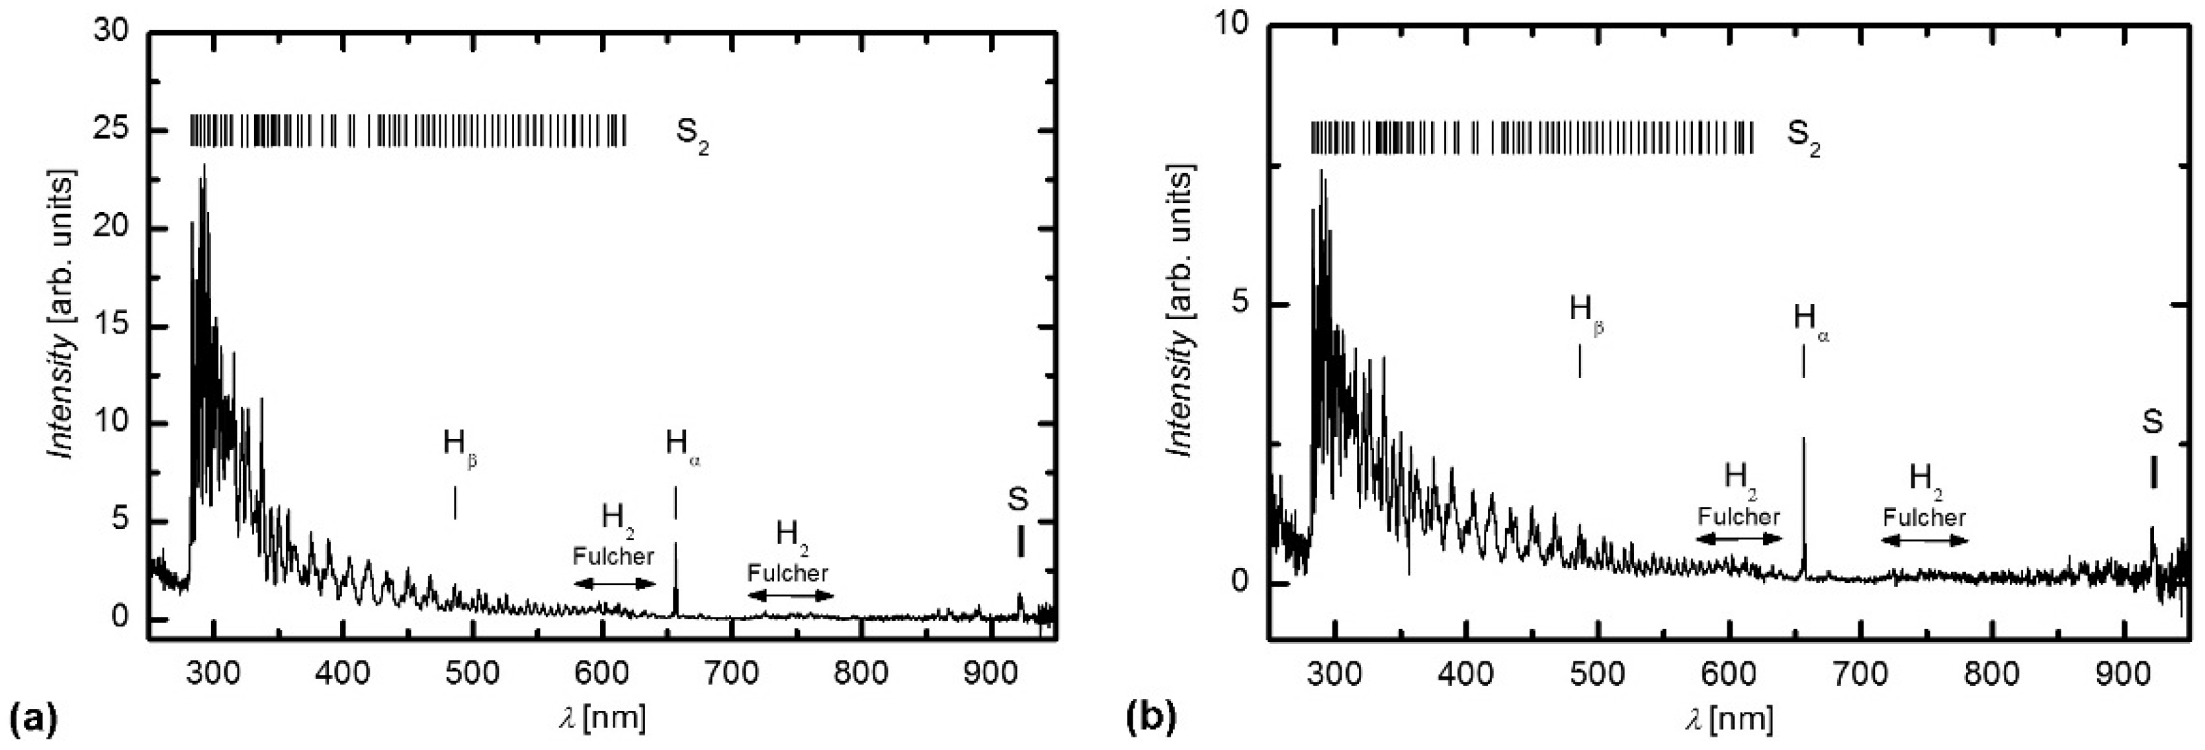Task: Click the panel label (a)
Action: click(32, 717)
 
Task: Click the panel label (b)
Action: click(1148, 717)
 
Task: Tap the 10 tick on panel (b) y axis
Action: click(1229, 26)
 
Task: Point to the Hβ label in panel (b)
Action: click(1585, 310)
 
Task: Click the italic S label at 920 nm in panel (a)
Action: click(1017, 500)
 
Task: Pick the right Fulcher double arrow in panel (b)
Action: click(1924, 540)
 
